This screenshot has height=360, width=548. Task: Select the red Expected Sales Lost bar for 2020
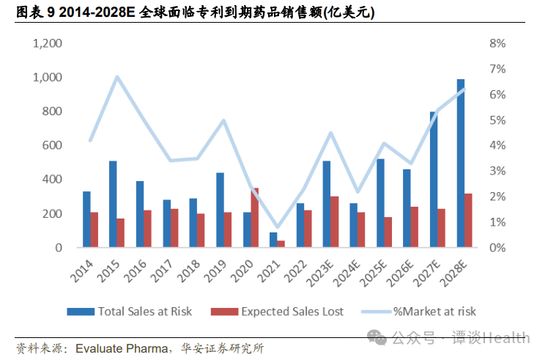[254, 218]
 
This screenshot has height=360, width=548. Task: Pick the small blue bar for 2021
[273, 240]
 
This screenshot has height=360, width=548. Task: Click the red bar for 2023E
[335, 221]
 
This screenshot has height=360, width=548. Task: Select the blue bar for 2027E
[434, 179]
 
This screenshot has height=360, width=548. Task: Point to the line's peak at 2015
[117, 76]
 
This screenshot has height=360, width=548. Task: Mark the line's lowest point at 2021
[277, 229]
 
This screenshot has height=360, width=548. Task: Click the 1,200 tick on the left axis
[47, 43]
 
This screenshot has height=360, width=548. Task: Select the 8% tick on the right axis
[497, 43]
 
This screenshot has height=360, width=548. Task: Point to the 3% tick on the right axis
[497, 171]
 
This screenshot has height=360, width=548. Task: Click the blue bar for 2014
[86, 219]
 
